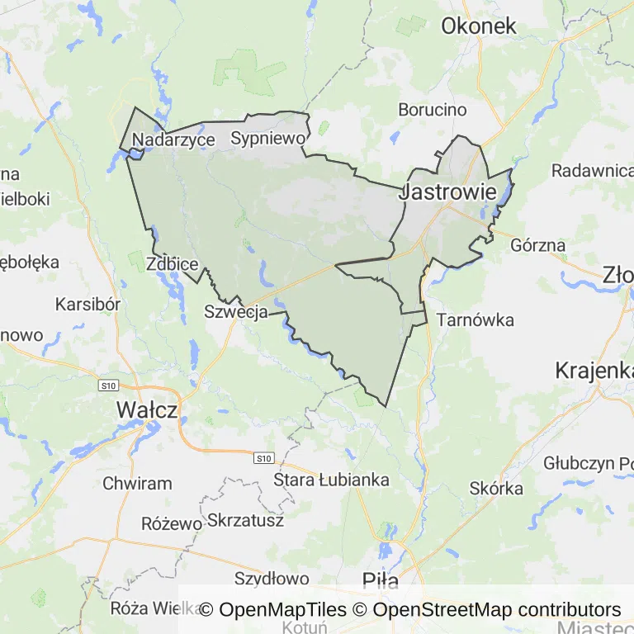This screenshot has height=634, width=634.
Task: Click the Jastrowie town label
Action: pyautogui.click(x=448, y=192)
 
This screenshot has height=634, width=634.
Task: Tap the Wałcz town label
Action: pyautogui.click(x=147, y=409)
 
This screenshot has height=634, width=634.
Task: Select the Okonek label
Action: pyautogui.click(x=479, y=26)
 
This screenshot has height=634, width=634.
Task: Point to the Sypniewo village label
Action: pyautogui.click(x=268, y=138)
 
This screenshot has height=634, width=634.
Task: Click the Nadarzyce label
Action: pyautogui.click(x=173, y=140)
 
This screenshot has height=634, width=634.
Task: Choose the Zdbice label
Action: pyautogui.click(x=172, y=264)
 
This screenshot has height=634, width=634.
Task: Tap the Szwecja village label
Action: pyautogui.click(x=235, y=311)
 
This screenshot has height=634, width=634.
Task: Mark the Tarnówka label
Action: pyautogui.click(x=475, y=319)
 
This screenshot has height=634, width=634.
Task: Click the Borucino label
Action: pyautogui.click(x=433, y=109)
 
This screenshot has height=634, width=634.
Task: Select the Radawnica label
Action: pyautogui.click(x=591, y=170)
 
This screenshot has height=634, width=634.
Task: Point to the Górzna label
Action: pyautogui.click(x=538, y=245)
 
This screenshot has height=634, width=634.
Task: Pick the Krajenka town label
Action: pyautogui.click(x=594, y=369)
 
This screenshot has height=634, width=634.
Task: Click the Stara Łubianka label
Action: pyautogui.click(x=331, y=480)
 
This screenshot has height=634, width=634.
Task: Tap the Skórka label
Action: pyautogui.click(x=496, y=488)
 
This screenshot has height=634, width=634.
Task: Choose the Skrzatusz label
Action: pyautogui.click(x=246, y=520)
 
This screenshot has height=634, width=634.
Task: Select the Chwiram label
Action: pyautogui.click(x=137, y=484)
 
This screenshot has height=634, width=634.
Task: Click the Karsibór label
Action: pyautogui.click(x=88, y=304)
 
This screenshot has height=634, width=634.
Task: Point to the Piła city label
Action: pyautogui.click(x=381, y=581)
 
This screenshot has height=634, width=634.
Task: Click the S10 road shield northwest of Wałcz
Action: pyautogui.click(x=108, y=386)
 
